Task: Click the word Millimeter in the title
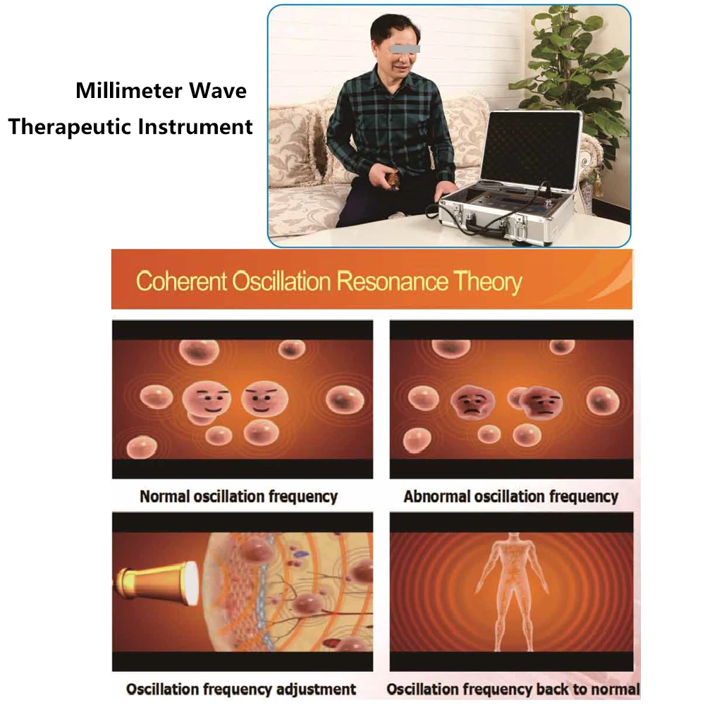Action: (x=128, y=90)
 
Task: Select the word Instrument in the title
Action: (x=195, y=126)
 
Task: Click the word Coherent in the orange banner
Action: (x=182, y=281)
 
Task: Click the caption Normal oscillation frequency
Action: (x=239, y=496)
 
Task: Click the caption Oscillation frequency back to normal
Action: (x=513, y=689)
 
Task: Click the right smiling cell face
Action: (x=265, y=398)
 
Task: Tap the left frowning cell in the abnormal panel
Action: (x=473, y=402)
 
